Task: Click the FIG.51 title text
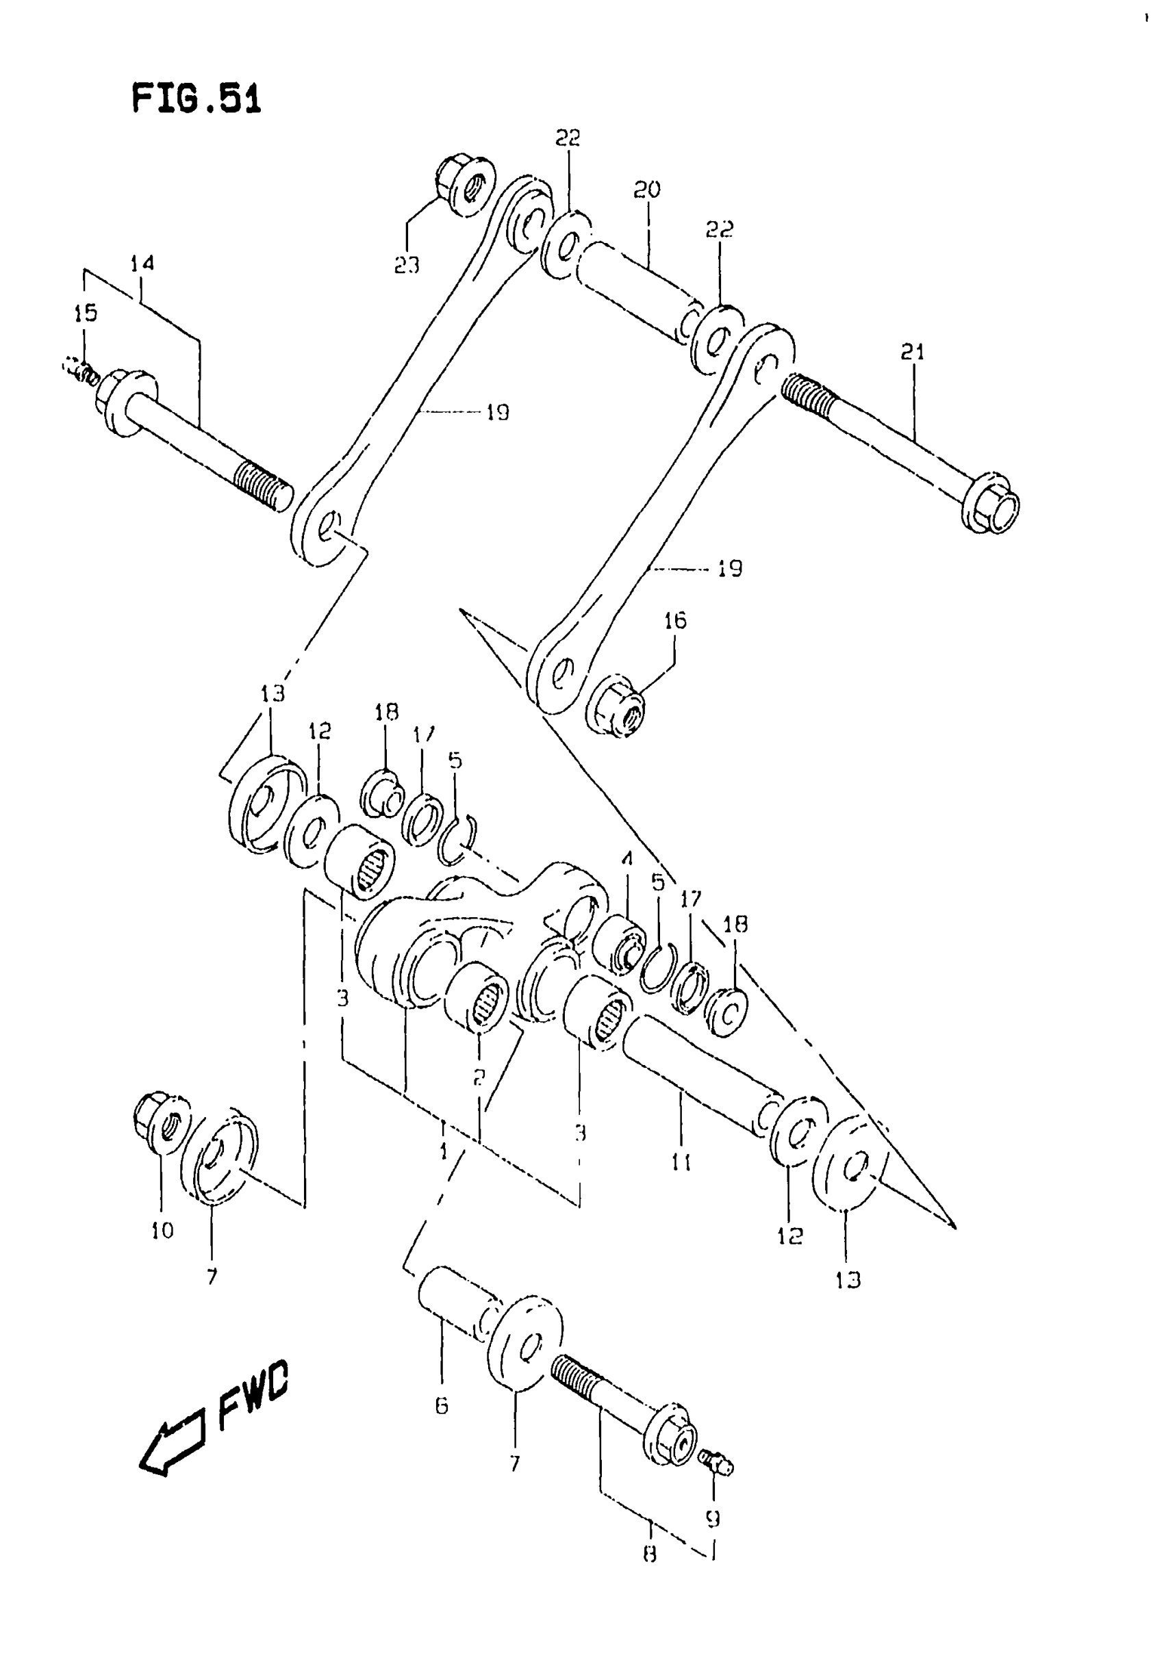click(196, 99)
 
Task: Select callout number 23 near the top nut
click(407, 266)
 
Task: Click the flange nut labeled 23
click(465, 185)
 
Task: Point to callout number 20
click(647, 190)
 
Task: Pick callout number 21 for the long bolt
click(912, 352)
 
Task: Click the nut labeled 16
click(618, 706)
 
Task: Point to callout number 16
click(675, 621)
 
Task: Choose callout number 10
click(163, 1231)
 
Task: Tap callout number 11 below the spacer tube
click(681, 1162)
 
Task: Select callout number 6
click(442, 1405)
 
